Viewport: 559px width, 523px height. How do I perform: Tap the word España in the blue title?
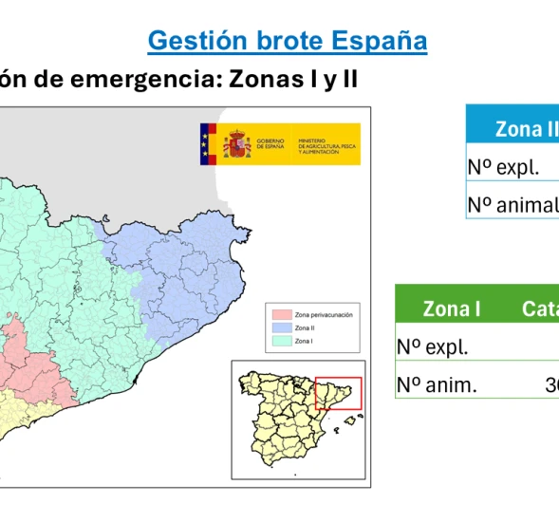click(x=380, y=42)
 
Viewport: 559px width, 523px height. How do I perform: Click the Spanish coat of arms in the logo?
click(x=236, y=144)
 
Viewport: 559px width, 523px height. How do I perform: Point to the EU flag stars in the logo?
click(x=207, y=144)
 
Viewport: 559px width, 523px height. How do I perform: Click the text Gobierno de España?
click(x=270, y=144)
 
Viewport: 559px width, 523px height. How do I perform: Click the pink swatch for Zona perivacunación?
click(x=279, y=313)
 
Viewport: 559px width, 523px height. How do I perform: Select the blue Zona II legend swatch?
click(x=279, y=327)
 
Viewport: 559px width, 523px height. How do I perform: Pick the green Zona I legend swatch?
click(x=279, y=340)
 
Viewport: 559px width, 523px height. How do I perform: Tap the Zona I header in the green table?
click(x=452, y=309)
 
